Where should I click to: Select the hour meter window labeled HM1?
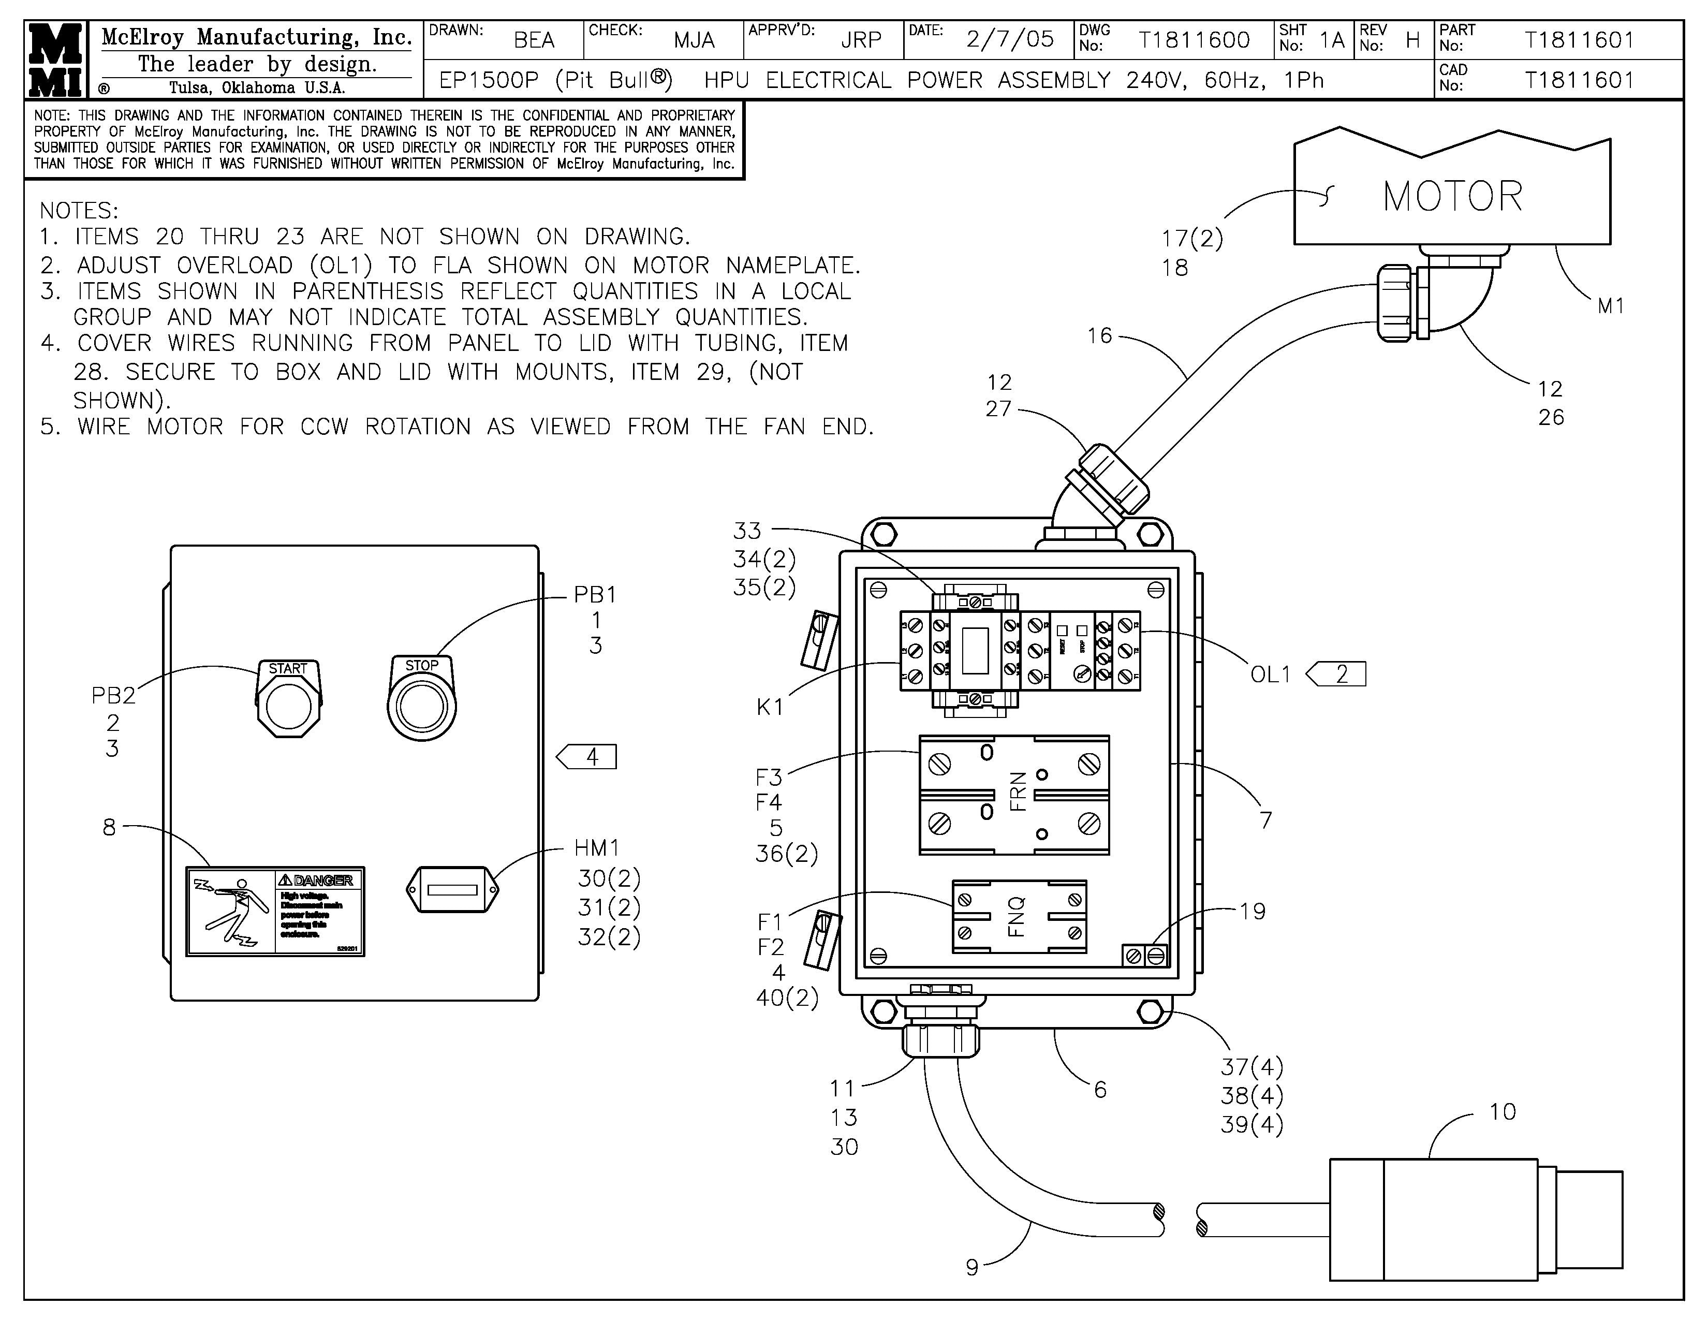click(x=453, y=889)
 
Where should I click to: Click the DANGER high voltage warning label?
click(x=275, y=911)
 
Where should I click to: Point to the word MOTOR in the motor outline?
click(x=1452, y=196)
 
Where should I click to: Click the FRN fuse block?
click(x=1013, y=795)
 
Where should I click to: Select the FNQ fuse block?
click(x=1019, y=916)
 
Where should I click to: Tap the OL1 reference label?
click(x=1270, y=674)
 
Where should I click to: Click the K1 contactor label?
click(x=770, y=707)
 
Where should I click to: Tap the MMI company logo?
click(x=55, y=60)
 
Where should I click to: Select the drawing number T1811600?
click(x=1194, y=40)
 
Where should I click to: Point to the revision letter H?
click(x=1412, y=40)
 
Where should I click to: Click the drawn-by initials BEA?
click(x=534, y=40)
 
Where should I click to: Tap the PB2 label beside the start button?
click(x=113, y=695)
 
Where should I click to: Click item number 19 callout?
click(x=1252, y=911)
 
